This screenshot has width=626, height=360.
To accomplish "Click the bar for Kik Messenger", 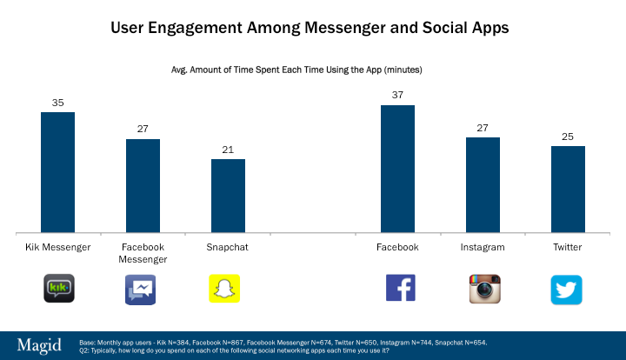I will pos(57,172).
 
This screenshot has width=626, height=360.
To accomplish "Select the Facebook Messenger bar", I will pos(143,185).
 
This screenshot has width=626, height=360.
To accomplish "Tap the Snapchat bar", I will pos(228,196).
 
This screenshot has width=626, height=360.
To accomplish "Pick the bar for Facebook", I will pos(397,169).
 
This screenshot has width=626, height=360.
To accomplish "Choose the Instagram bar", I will pos(483,184).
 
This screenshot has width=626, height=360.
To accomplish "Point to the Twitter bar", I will pos(568,189).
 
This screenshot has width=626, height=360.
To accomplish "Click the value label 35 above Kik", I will pos(57,103).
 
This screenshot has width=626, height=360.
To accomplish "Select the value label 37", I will pos(397,96).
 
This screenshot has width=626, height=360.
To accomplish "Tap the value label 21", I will pos(228,150).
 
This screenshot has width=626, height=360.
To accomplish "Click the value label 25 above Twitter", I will pos(568,137).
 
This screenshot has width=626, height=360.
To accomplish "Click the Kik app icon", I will pos(59,289).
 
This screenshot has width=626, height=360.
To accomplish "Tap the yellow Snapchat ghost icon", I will pos(223,289).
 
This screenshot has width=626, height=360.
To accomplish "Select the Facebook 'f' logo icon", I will pos(400,288).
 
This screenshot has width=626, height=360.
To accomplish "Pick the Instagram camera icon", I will pos(485,289).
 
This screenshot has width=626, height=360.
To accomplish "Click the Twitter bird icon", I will pos(566,290).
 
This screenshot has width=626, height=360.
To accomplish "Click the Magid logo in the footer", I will pos(40,345).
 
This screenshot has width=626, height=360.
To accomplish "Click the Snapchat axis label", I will pos(228,247).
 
